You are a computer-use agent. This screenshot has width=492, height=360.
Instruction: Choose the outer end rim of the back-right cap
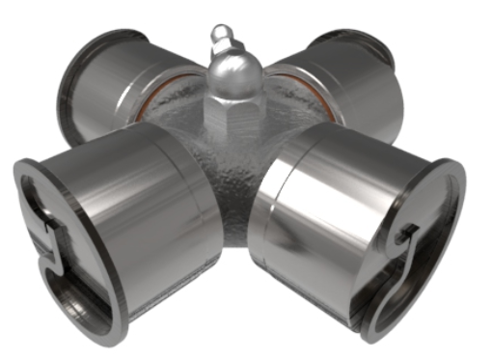[386, 58]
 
